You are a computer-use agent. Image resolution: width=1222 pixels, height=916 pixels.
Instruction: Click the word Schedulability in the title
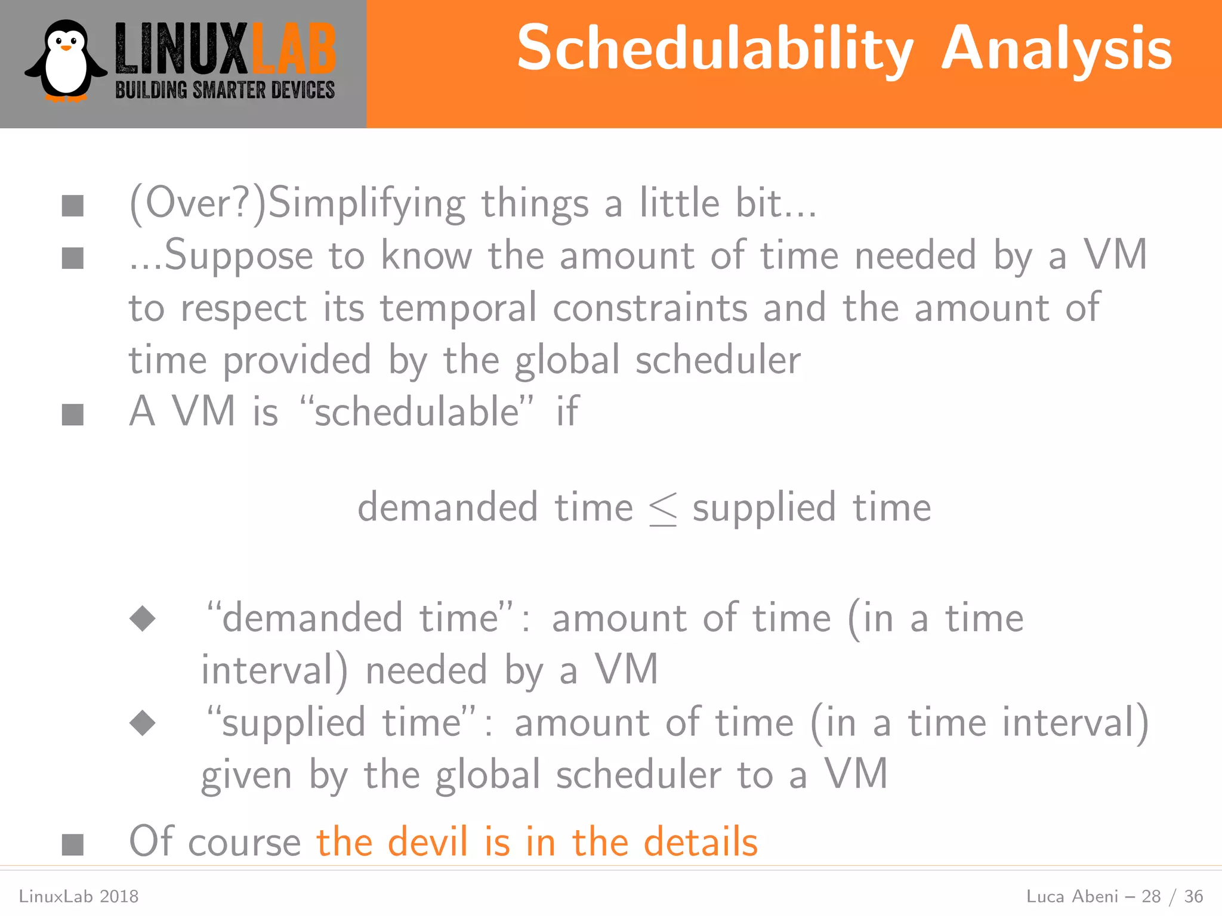[x=714, y=49]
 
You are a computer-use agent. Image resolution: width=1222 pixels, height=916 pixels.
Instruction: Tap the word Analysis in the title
[x=1057, y=49]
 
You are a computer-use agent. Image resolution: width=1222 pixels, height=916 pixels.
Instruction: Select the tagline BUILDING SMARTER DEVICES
[x=225, y=91]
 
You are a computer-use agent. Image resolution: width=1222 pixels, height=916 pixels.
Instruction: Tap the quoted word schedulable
[x=416, y=411]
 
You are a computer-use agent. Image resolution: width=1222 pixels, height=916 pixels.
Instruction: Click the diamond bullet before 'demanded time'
[x=143, y=618]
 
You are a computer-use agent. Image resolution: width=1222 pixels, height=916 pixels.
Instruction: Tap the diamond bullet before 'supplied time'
[x=143, y=723]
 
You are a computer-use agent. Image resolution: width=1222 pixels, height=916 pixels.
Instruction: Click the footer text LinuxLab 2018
[x=79, y=896]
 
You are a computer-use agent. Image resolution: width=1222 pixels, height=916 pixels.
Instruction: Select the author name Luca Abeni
[x=1072, y=896]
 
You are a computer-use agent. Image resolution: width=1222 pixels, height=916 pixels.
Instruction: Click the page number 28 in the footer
[x=1151, y=896]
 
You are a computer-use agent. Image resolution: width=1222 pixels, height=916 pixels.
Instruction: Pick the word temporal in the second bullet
[x=458, y=308]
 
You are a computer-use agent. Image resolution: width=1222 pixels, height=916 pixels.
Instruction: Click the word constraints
[x=650, y=308]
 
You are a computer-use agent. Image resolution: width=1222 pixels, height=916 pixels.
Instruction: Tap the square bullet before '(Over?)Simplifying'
[x=73, y=206]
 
